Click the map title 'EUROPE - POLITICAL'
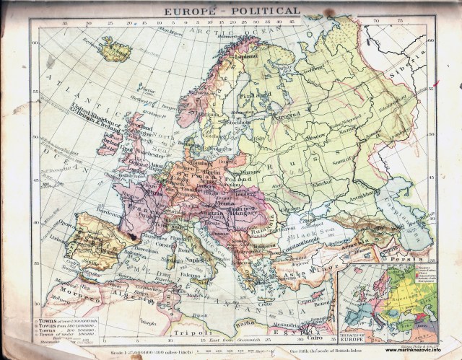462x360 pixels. tap(231, 12)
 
